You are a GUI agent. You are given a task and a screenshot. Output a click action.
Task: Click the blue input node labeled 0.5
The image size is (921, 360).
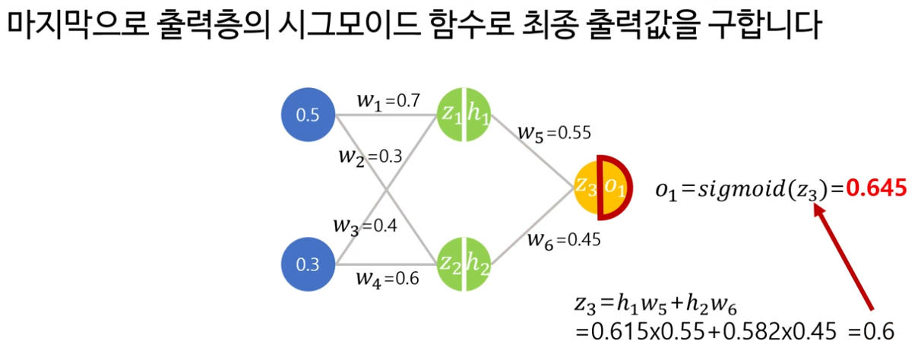pyautogui.click(x=308, y=115)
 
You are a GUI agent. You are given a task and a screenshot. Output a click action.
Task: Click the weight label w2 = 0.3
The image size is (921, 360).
pyautogui.click(x=371, y=158)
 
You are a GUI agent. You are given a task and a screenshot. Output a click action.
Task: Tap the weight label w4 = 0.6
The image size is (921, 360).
pyautogui.click(x=387, y=278)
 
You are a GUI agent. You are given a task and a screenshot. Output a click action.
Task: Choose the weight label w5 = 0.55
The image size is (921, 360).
pyautogui.click(x=554, y=132)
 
